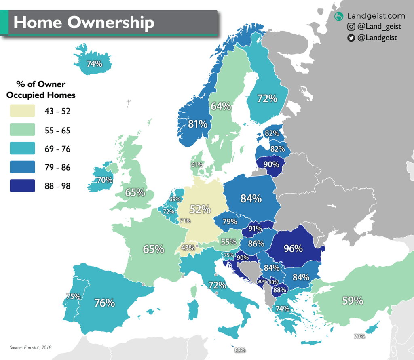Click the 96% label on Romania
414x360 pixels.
coord(293,248)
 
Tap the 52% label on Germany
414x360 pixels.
coord(201,209)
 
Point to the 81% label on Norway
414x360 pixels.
coord(198,124)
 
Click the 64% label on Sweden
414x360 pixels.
coord(221,106)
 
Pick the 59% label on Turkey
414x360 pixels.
coord(353,301)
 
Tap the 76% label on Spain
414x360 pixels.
coord(105,302)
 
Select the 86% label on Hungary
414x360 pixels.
coord(256,244)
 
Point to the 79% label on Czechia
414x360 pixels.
coord(230,221)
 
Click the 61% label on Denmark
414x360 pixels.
coord(197,164)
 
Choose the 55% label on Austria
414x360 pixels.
coord(228,242)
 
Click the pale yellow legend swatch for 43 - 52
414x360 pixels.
coord(22,111)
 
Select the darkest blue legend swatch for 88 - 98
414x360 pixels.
coord(22,185)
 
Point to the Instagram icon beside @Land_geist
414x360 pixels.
coord(351,27)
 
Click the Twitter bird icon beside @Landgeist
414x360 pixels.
coord(351,38)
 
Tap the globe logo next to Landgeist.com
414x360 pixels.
coord(339,17)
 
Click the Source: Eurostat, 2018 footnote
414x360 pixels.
coord(31,347)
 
